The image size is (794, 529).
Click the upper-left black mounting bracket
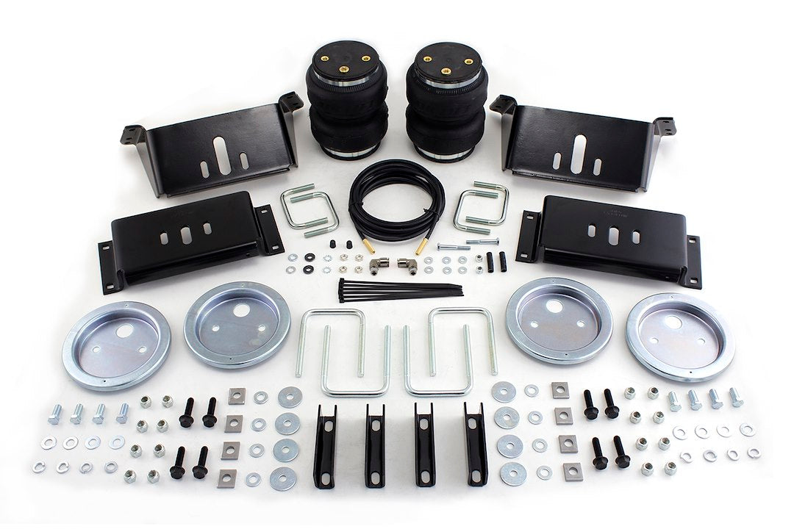[x=213, y=147]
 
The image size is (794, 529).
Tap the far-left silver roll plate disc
[x=116, y=345]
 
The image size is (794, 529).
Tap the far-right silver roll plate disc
[x=680, y=336]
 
